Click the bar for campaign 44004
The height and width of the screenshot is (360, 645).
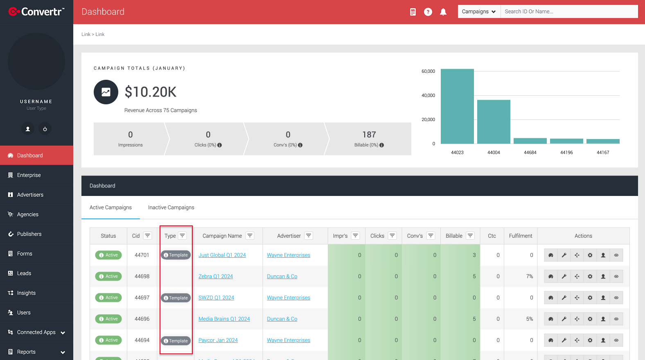[494, 122]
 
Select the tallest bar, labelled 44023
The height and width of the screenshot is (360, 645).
[457, 106]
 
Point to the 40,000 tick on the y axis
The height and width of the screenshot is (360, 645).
[428, 95]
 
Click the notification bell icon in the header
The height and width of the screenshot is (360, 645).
[443, 12]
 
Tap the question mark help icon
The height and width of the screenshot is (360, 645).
[428, 12]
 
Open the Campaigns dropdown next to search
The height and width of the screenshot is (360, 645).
[479, 11]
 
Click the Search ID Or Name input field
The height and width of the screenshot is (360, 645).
[569, 11]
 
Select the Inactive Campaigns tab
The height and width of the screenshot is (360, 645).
[171, 207]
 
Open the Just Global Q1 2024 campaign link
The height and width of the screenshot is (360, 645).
[222, 255]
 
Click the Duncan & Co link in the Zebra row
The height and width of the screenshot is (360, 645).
[282, 276]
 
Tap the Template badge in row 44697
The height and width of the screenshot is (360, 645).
[176, 298]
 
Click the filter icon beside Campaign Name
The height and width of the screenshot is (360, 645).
[250, 236]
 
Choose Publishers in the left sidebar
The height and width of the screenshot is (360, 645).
[29, 234]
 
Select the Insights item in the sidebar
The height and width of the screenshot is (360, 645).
[26, 293]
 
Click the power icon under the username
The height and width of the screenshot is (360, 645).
[45, 129]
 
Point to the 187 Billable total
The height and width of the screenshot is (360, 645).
[369, 135]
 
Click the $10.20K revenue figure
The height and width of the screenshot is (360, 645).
[150, 92]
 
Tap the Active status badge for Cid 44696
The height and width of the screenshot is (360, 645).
[108, 319]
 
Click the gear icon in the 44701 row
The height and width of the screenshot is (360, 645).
[590, 255]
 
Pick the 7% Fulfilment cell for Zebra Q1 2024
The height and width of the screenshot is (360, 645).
[530, 276]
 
